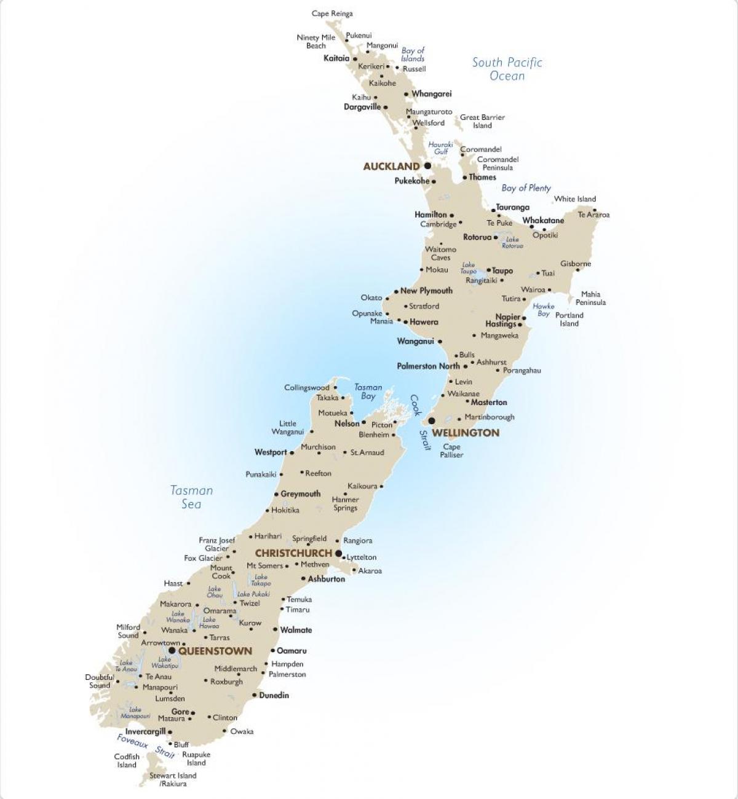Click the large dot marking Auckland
point(427,166)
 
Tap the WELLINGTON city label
point(466,433)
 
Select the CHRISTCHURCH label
point(293,553)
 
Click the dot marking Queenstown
point(172,650)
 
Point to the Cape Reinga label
point(332,14)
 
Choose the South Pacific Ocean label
point(507,69)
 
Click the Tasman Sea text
point(191,497)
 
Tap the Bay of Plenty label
point(526,188)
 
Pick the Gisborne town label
point(576,264)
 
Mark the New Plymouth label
point(426,291)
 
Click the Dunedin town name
point(274,695)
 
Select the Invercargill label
point(145,731)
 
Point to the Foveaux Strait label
point(146,746)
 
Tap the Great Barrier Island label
point(482,121)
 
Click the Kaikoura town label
point(362,486)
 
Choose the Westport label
point(271,452)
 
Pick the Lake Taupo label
point(469,268)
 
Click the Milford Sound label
point(128,631)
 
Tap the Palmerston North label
point(428,366)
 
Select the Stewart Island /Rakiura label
point(173,779)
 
